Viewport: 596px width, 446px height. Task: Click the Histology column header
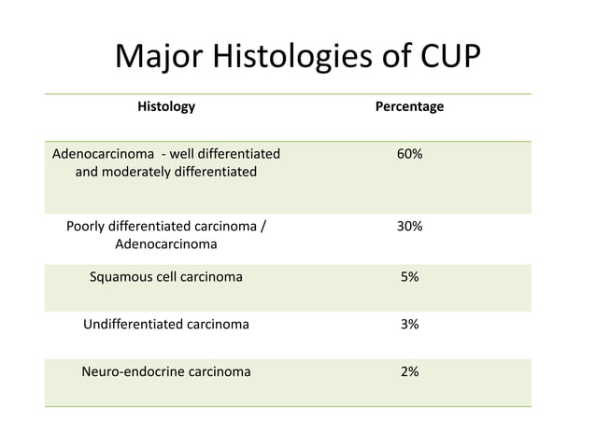pyautogui.click(x=166, y=106)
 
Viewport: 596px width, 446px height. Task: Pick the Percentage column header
pyautogui.click(x=409, y=106)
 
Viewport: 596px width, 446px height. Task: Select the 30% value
pyautogui.click(x=409, y=226)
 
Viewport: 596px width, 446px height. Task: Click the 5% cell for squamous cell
pyautogui.click(x=409, y=276)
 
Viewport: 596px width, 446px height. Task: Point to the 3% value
pyautogui.click(x=409, y=324)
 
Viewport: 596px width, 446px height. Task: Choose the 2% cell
pyautogui.click(x=409, y=371)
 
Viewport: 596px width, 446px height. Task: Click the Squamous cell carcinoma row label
pyautogui.click(x=166, y=276)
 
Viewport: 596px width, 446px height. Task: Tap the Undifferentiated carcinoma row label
pyautogui.click(x=166, y=324)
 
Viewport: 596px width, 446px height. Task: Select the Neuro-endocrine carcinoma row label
pyautogui.click(x=166, y=371)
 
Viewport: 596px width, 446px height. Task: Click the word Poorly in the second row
pyautogui.click(x=87, y=226)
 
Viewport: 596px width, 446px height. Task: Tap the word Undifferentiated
pyautogui.click(x=133, y=324)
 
